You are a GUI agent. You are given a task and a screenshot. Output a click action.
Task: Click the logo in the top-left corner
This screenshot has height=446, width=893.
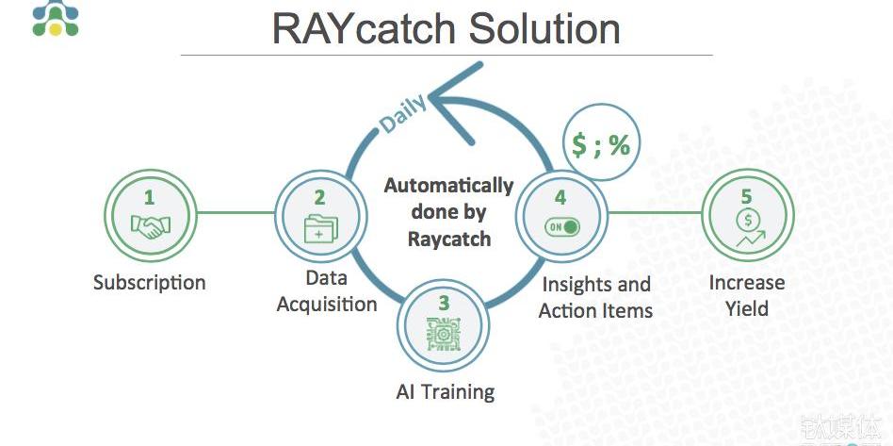coord(56,18)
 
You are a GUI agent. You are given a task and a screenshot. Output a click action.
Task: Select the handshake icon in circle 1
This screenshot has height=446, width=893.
coord(149,226)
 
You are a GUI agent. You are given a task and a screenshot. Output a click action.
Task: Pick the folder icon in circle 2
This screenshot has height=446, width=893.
coord(319,228)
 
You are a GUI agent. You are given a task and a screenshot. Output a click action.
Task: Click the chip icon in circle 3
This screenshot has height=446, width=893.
coord(443,335)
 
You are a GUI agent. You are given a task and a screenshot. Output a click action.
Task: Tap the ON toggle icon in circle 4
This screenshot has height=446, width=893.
coord(560,227)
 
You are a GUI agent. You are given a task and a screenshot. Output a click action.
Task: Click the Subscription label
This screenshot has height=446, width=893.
coord(149,282)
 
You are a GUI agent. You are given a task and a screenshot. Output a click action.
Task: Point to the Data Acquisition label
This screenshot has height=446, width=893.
coord(327,291)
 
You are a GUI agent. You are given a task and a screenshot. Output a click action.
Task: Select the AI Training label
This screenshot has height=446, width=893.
coord(445,391)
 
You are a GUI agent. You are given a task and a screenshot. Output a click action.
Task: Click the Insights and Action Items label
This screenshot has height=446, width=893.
coord(595,297)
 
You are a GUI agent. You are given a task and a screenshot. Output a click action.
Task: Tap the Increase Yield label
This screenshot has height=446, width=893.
coord(747,295)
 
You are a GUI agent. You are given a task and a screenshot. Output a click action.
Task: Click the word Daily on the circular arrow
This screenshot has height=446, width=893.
coord(403,113)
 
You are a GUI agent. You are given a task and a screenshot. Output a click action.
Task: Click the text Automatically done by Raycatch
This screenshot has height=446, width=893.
coord(449,212)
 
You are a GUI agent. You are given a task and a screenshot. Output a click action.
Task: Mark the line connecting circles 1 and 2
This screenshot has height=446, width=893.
coord(235,212)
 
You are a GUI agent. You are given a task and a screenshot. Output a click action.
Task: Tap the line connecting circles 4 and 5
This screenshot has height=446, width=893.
coord(656,212)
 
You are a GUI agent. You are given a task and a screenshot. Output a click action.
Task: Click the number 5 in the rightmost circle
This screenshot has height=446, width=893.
coord(747,197)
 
